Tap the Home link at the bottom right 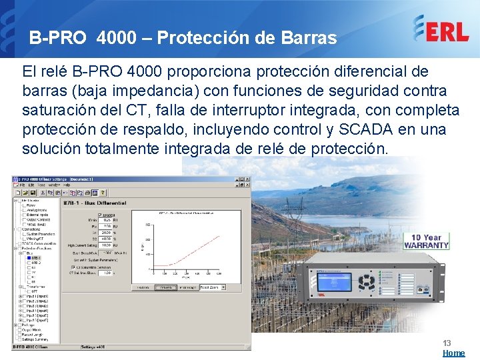454,353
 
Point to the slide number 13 447,343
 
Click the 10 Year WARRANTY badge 427,241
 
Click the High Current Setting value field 107,245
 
